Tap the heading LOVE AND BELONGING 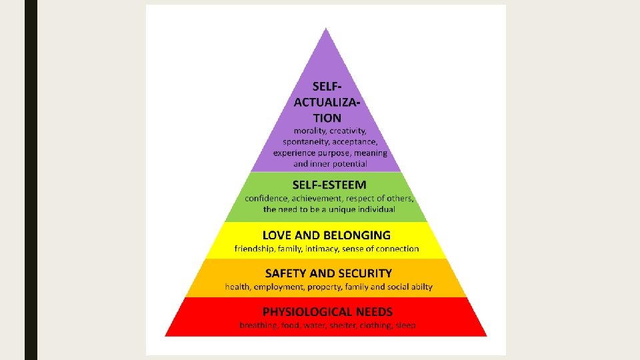[327, 235]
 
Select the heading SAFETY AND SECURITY [329, 273]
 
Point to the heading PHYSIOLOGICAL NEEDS [327, 311]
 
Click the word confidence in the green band [267, 199]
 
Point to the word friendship [255, 249]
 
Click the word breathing [258, 325]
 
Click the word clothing [377, 325]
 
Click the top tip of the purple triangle [326, 29]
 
